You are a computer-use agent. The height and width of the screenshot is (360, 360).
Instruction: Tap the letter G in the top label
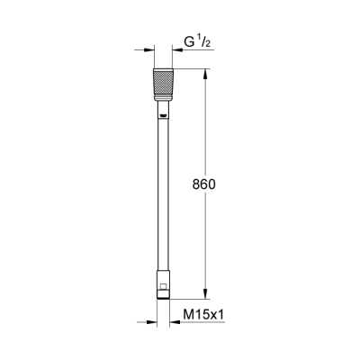tap(189, 42)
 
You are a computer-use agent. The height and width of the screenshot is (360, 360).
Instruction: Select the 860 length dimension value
tap(205, 183)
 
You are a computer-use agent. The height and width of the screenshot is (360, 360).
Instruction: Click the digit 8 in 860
tap(197, 183)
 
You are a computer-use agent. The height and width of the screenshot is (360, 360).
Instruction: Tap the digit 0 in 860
tap(213, 183)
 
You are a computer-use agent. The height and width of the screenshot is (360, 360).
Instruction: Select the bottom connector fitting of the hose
tap(162, 283)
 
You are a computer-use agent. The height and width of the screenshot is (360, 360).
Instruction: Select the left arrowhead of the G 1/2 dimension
tap(147, 50)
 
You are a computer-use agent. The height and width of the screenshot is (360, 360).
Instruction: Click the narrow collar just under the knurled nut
tap(162, 109)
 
